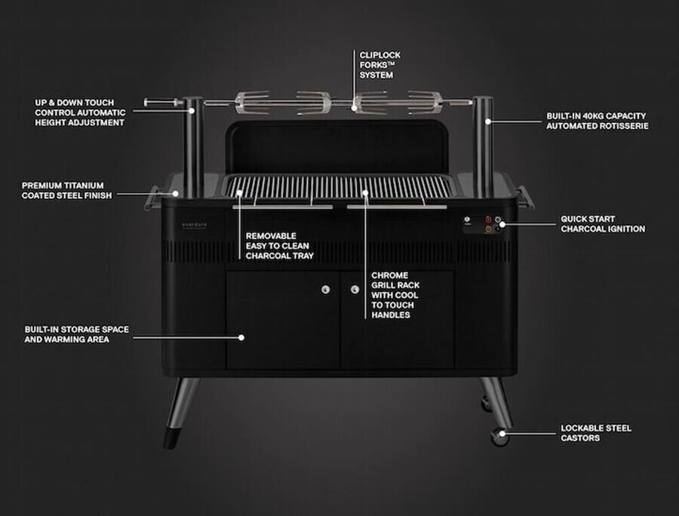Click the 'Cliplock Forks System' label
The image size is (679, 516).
click(379, 65)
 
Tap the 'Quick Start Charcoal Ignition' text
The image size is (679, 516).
click(603, 224)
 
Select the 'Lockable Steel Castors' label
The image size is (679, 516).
click(596, 433)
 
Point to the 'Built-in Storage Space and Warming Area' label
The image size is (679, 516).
click(77, 334)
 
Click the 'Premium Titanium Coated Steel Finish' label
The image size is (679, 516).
click(66, 190)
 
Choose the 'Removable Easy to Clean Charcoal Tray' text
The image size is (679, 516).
click(280, 246)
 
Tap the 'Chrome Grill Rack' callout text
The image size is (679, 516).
click(395, 295)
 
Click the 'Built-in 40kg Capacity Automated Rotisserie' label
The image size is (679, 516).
click(598, 121)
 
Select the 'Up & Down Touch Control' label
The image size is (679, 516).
click(80, 112)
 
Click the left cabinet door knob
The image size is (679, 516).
click(326, 289)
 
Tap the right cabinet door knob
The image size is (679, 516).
click(355, 289)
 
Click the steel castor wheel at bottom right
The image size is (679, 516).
click(499, 436)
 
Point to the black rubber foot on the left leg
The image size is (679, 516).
click(171, 438)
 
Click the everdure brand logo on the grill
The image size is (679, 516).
click(195, 225)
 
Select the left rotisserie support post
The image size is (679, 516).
click(193, 147)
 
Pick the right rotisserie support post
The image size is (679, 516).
click(482, 147)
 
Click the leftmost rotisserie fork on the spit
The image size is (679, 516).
click(252, 103)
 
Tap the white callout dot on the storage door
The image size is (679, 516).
click(241, 337)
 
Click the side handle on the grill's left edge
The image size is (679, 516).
click(152, 198)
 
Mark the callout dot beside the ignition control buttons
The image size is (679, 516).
click(502, 224)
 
